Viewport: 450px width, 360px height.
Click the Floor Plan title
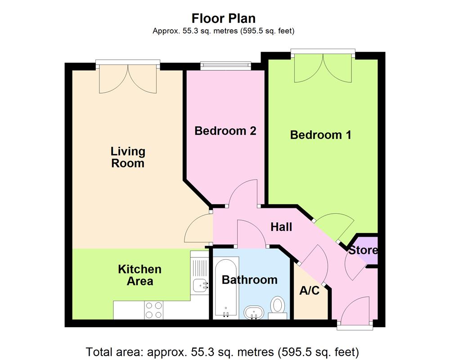224,18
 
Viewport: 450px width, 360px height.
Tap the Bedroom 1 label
320,135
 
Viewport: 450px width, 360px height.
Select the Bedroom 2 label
225,131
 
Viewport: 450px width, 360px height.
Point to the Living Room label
128,157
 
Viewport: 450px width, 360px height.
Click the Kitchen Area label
139,275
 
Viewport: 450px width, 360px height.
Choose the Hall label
281,227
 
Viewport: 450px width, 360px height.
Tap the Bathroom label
249,280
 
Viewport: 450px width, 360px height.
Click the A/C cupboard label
309,291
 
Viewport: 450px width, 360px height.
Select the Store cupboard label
363,250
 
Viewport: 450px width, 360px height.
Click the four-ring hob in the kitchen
153,310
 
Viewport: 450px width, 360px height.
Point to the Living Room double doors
128,79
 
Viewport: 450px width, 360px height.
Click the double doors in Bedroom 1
322,69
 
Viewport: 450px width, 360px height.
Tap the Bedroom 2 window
225,66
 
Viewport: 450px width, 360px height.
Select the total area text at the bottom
222,351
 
